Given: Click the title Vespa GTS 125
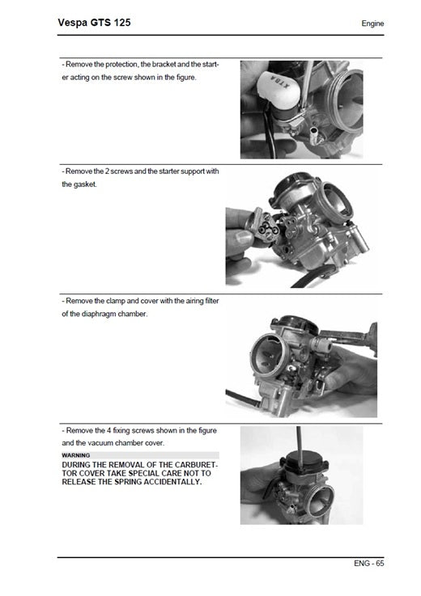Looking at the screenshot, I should pyautogui.click(x=94, y=23).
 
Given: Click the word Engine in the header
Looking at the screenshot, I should pyautogui.click(x=372, y=23).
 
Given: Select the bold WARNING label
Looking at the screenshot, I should pyautogui.click(x=76, y=455).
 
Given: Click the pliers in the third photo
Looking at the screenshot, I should pyautogui.click(x=354, y=336).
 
